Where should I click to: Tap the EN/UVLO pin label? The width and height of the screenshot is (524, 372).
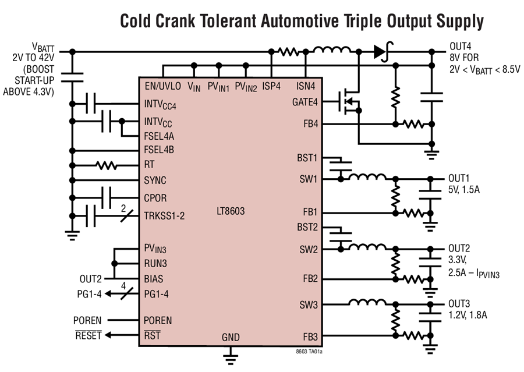[163, 86]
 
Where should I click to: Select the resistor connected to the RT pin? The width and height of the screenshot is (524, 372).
[108, 165]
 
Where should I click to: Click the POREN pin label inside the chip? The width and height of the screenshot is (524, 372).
[158, 321]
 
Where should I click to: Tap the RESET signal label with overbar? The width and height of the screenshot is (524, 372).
[87, 335]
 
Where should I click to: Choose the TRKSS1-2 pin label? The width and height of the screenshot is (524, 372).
[164, 216]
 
